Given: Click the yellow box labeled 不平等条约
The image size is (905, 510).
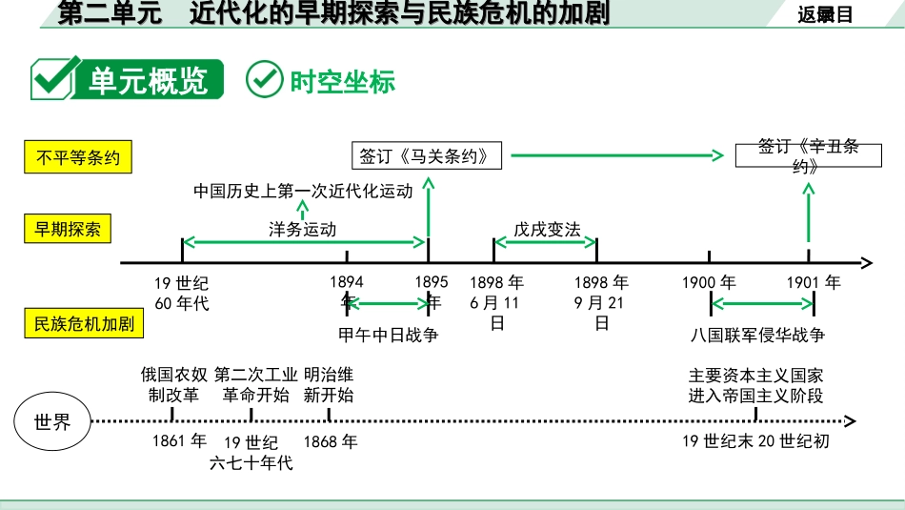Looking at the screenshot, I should (x=78, y=157).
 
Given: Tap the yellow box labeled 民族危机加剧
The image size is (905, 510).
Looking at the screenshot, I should (x=84, y=323).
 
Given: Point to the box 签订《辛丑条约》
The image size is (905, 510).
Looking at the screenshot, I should (x=809, y=155).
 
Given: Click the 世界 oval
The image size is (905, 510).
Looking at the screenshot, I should (x=52, y=421).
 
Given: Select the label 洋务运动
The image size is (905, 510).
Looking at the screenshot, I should (x=302, y=229).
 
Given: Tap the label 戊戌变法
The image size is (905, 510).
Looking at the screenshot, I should (x=547, y=229).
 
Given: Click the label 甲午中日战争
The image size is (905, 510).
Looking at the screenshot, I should (x=389, y=335).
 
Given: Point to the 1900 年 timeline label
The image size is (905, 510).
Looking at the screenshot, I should (x=709, y=282).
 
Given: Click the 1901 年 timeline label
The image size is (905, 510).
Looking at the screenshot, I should (x=814, y=282).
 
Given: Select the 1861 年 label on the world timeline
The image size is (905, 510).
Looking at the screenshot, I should (x=179, y=441).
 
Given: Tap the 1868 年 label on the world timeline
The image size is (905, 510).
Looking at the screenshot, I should (x=331, y=441).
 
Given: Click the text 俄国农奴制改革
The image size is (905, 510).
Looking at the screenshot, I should (x=173, y=384).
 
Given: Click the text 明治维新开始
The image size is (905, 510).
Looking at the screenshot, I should (x=329, y=384).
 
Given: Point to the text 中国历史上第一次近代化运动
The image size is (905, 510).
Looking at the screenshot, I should (x=303, y=191).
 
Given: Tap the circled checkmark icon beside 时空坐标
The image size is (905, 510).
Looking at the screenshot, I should (x=264, y=80).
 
